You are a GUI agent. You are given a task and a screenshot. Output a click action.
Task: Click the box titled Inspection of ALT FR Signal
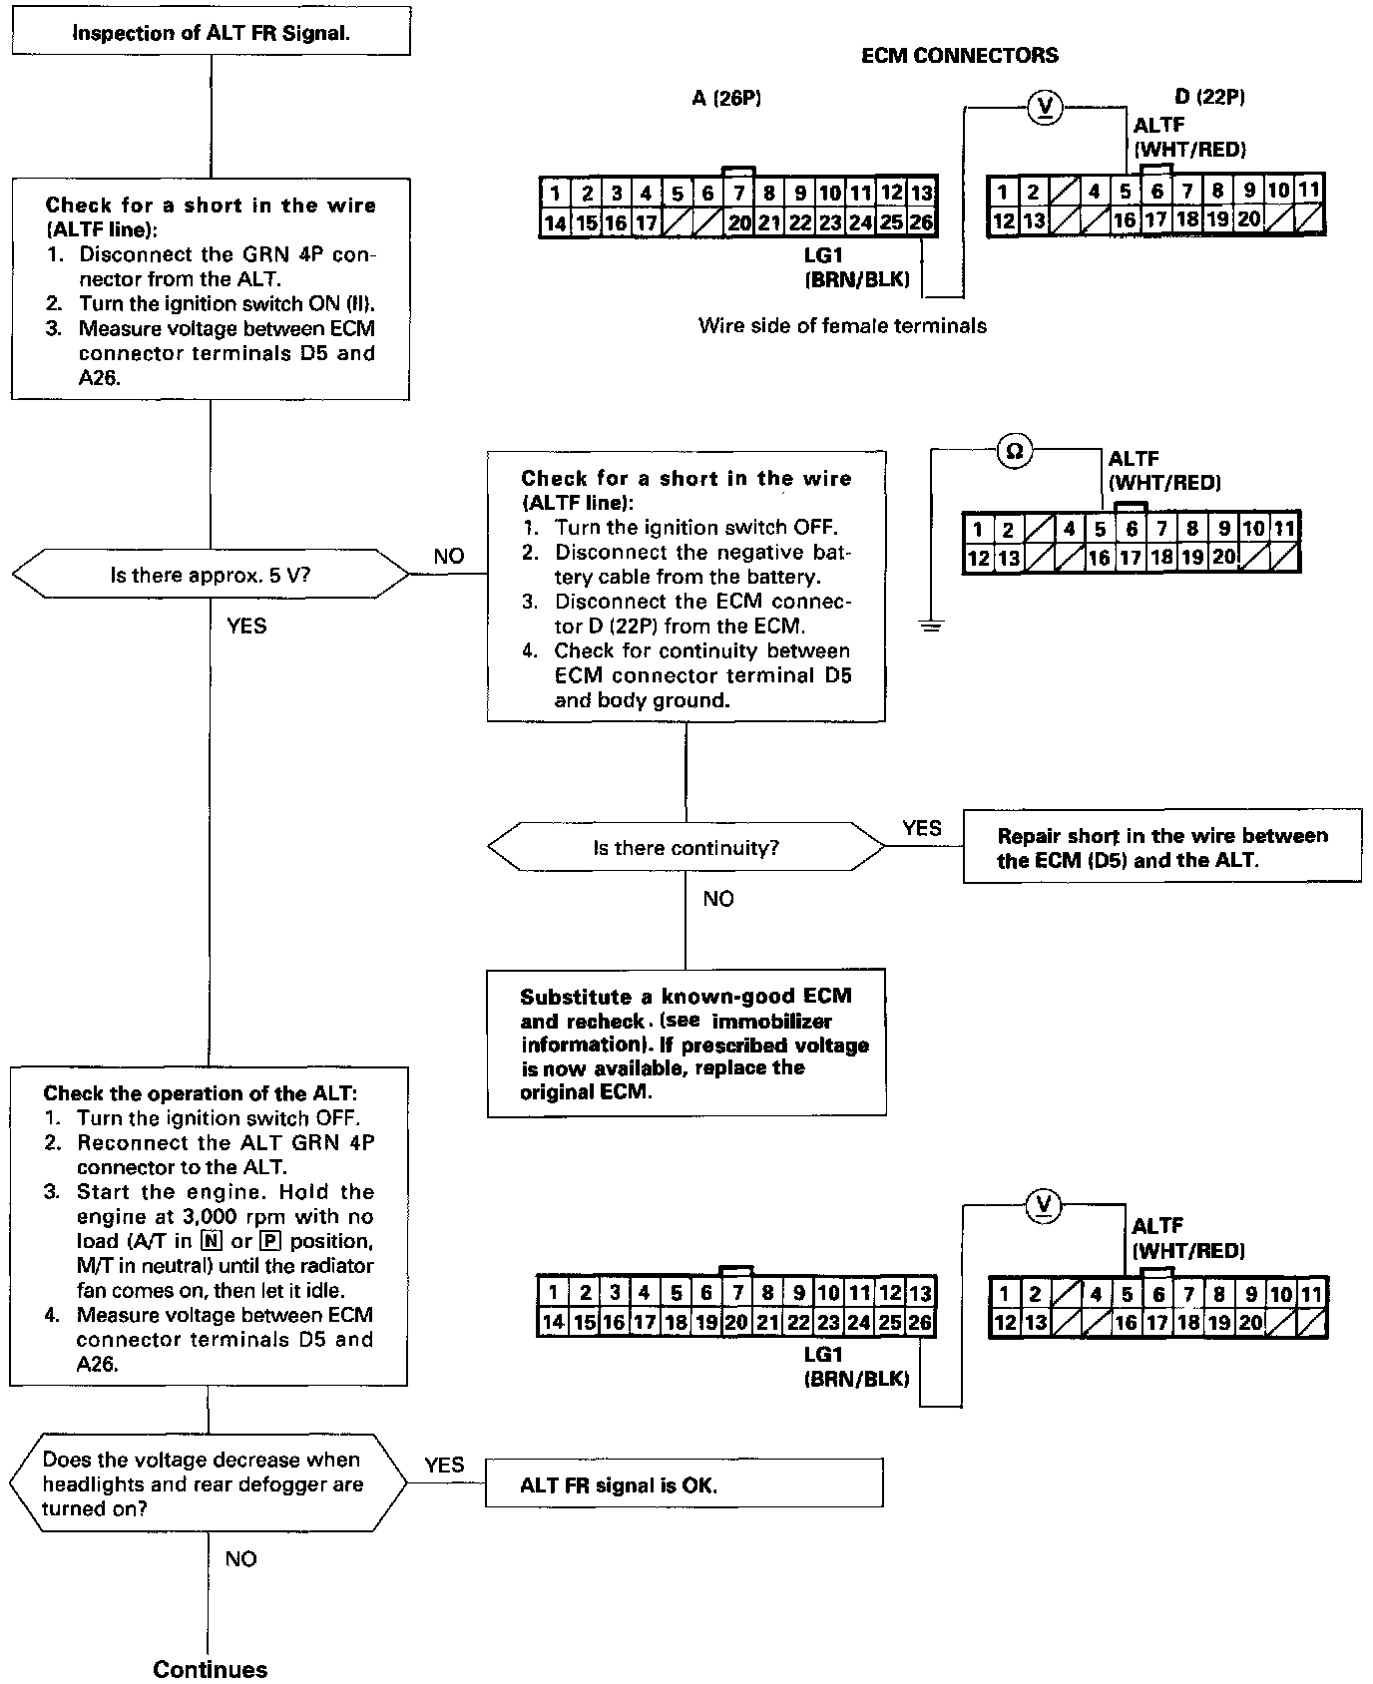211,33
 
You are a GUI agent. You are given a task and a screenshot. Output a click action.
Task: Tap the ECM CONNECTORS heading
959,56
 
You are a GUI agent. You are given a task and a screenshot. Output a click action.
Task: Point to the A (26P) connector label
726,98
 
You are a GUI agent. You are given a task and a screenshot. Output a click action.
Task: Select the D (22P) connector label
1209,97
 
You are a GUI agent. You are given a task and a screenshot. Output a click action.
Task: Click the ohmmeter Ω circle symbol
1014,452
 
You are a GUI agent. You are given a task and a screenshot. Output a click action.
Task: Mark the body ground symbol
931,627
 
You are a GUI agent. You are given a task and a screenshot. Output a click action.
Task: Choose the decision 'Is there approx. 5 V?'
211,576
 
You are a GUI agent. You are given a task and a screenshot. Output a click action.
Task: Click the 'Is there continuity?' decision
686,848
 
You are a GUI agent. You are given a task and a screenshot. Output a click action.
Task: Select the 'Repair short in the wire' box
1161,847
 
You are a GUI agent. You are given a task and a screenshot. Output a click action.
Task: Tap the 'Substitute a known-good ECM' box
686,1043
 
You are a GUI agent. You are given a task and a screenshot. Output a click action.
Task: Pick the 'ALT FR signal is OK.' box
684,1484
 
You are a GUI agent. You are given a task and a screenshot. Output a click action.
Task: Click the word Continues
210,1670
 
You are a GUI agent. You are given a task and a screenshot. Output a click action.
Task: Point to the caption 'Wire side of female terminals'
842,325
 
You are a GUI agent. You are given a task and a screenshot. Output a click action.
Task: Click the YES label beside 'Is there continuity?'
921,828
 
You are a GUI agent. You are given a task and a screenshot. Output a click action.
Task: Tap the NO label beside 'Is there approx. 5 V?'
449,557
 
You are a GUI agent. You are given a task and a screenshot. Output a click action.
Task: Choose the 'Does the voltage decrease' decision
209,1483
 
